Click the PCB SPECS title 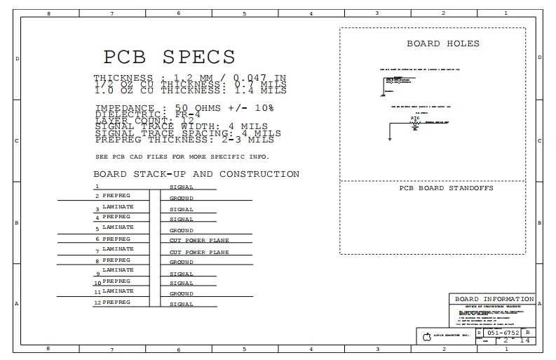tap(169, 56)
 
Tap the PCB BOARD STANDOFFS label tap(446, 188)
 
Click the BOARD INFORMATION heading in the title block tap(494, 298)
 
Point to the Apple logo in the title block tap(427, 338)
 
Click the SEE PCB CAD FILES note tap(182, 156)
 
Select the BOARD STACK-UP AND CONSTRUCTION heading tap(196, 174)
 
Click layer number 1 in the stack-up tap(97, 187)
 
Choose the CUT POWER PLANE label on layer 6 tap(199, 241)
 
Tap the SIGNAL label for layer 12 tap(181, 305)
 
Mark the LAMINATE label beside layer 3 tap(118, 206)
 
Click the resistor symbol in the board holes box tap(414, 122)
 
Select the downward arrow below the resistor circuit tap(390, 139)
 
